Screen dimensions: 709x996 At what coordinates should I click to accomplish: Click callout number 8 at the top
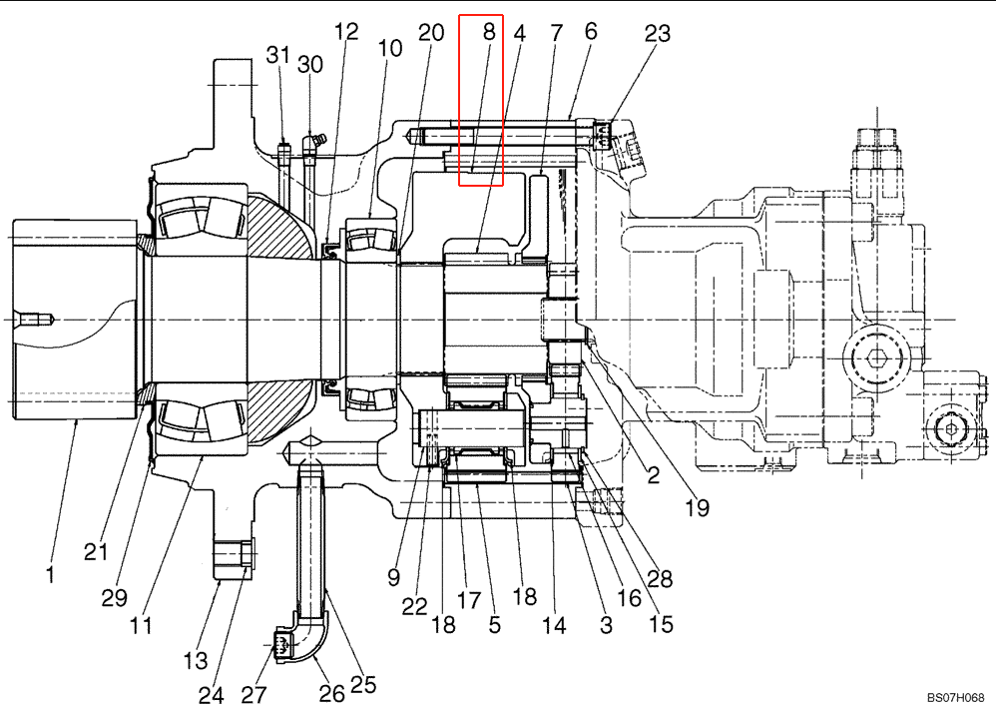click(488, 32)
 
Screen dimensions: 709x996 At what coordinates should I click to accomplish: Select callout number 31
click(277, 56)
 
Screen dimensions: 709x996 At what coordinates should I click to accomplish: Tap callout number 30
click(310, 65)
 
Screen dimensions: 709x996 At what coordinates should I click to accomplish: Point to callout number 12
click(346, 32)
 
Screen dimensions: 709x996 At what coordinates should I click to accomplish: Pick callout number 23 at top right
click(657, 32)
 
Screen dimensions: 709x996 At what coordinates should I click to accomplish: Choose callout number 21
click(95, 551)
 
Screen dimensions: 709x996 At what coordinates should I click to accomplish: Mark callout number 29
click(115, 597)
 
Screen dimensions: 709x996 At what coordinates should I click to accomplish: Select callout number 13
click(196, 660)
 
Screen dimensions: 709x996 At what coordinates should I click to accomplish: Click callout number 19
click(697, 507)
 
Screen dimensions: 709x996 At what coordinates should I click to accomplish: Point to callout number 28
click(660, 578)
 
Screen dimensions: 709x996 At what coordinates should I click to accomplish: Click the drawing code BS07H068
click(954, 697)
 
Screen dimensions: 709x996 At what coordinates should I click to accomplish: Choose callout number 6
click(591, 32)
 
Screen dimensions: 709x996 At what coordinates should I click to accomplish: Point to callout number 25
click(363, 684)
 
